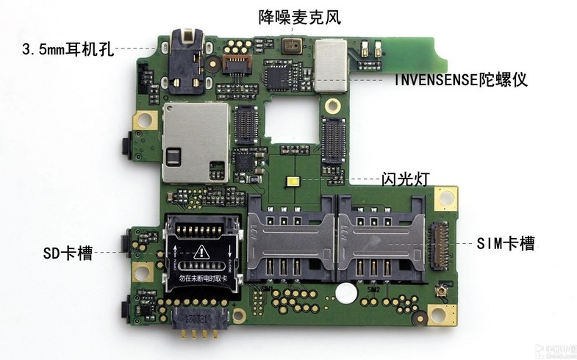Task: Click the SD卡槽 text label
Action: point(68,253)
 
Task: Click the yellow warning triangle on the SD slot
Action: point(203,253)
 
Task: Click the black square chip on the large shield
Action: point(175,156)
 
